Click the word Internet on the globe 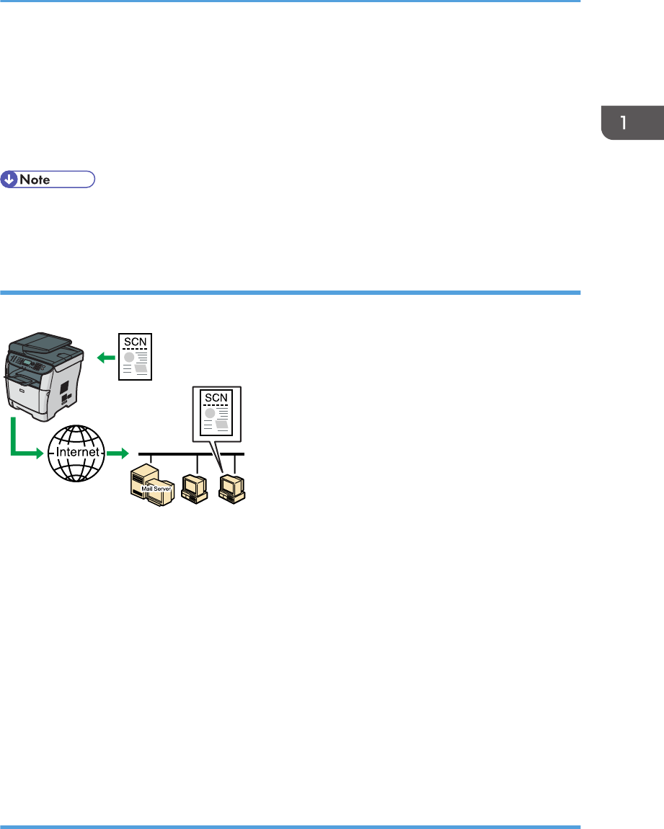76,453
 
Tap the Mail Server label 153,488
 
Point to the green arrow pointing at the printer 105,355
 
